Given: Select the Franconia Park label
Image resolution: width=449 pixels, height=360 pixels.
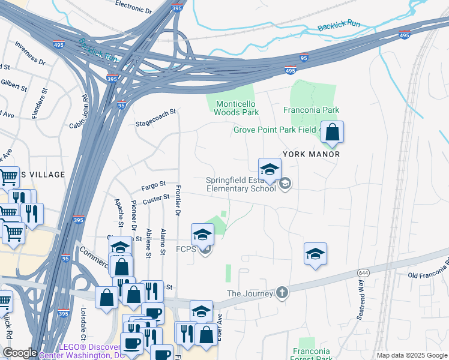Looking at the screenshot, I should pyautogui.click(x=311, y=110).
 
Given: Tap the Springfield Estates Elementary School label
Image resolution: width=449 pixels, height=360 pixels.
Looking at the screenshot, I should pyautogui.click(x=240, y=184).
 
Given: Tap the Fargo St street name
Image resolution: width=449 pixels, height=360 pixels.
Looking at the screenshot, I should pyautogui.click(x=153, y=187).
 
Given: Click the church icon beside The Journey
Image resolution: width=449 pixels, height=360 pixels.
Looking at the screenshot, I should pyautogui.click(x=282, y=293).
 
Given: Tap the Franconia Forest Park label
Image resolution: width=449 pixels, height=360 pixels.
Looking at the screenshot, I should pyautogui.click(x=312, y=355).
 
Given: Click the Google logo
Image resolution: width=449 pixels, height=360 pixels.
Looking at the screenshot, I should pyautogui.click(x=19, y=353).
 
